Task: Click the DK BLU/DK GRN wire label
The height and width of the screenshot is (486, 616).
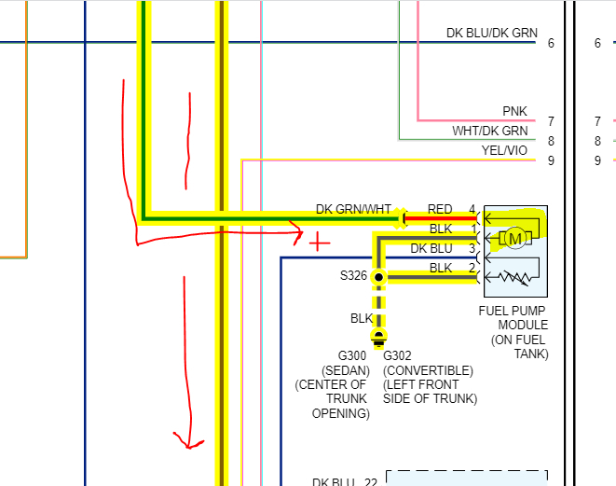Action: [x=491, y=33]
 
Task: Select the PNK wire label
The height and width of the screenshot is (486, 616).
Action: [x=514, y=112]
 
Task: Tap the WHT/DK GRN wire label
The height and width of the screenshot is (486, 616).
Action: [x=489, y=131]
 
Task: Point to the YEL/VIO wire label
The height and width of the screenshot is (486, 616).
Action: [x=504, y=149]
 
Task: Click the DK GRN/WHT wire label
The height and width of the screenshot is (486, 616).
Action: [x=353, y=209]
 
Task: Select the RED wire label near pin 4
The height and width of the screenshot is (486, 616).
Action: [x=439, y=209]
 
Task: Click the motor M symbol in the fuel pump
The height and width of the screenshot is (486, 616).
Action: [x=513, y=239]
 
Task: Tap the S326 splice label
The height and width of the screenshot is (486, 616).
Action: [x=353, y=276]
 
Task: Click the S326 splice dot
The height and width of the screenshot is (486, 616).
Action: [x=378, y=277]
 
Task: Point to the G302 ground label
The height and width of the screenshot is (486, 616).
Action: [x=398, y=355]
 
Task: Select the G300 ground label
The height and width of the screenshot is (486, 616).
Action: [x=353, y=355]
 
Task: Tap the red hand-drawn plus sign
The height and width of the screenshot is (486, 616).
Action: [x=319, y=243]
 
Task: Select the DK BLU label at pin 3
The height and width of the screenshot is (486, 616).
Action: [x=431, y=249]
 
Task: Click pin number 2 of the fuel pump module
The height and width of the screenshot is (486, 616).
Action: [x=472, y=269]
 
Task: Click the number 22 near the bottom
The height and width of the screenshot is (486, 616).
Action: [x=370, y=482]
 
